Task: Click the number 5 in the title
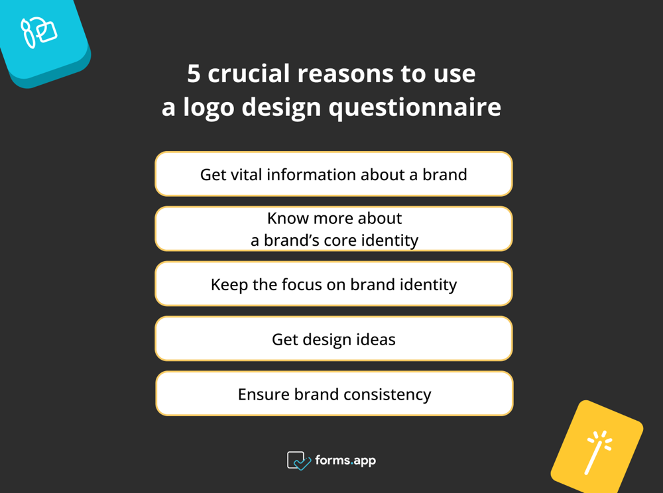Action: click(193, 74)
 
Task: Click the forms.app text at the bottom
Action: click(346, 460)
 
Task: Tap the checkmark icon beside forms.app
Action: click(299, 461)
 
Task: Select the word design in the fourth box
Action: click(326, 339)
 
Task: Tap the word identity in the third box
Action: click(428, 284)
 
